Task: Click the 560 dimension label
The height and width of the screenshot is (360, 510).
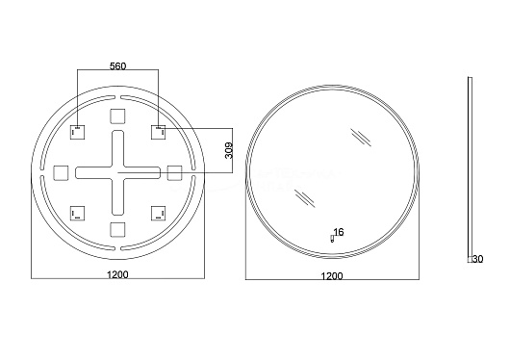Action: [x=117, y=66]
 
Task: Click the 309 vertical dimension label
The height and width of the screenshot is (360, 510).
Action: [x=229, y=150]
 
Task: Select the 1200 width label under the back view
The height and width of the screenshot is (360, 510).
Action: [x=117, y=274]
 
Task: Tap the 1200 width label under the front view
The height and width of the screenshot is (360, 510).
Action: [x=332, y=276]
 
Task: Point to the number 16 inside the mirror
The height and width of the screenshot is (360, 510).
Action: [x=339, y=232]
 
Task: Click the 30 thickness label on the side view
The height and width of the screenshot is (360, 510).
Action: [x=478, y=259]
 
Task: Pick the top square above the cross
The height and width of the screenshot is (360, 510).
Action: [x=117, y=116]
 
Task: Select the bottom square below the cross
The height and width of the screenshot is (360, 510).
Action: [x=117, y=229]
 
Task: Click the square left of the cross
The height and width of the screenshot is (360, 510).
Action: [x=61, y=173]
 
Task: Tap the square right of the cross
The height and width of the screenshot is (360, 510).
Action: [x=174, y=173]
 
